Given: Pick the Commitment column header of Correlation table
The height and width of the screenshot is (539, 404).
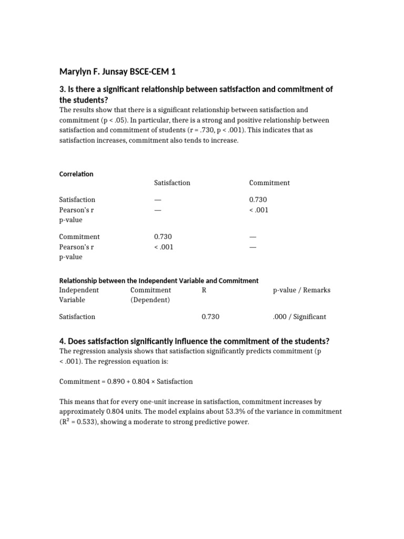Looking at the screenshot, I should pyautogui.click(x=269, y=183).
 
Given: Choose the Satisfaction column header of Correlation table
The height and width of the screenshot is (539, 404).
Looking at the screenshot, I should pyautogui.click(x=172, y=183).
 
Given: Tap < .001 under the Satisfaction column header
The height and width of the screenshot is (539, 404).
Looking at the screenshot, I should pyautogui.click(x=164, y=247).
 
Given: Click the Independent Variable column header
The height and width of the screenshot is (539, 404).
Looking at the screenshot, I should pyautogui.click(x=78, y=295).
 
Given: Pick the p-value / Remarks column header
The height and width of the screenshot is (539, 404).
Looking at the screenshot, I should pyautogui.click(x=301, y=290).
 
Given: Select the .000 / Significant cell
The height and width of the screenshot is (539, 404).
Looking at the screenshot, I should pyautogui.click(x=299, y=317).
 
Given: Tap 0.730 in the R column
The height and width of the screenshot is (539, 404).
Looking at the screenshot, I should pyautogui.click(x=210, y=317).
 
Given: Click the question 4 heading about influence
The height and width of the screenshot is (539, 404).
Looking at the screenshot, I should pyautogui.click(x=194, y=341).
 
